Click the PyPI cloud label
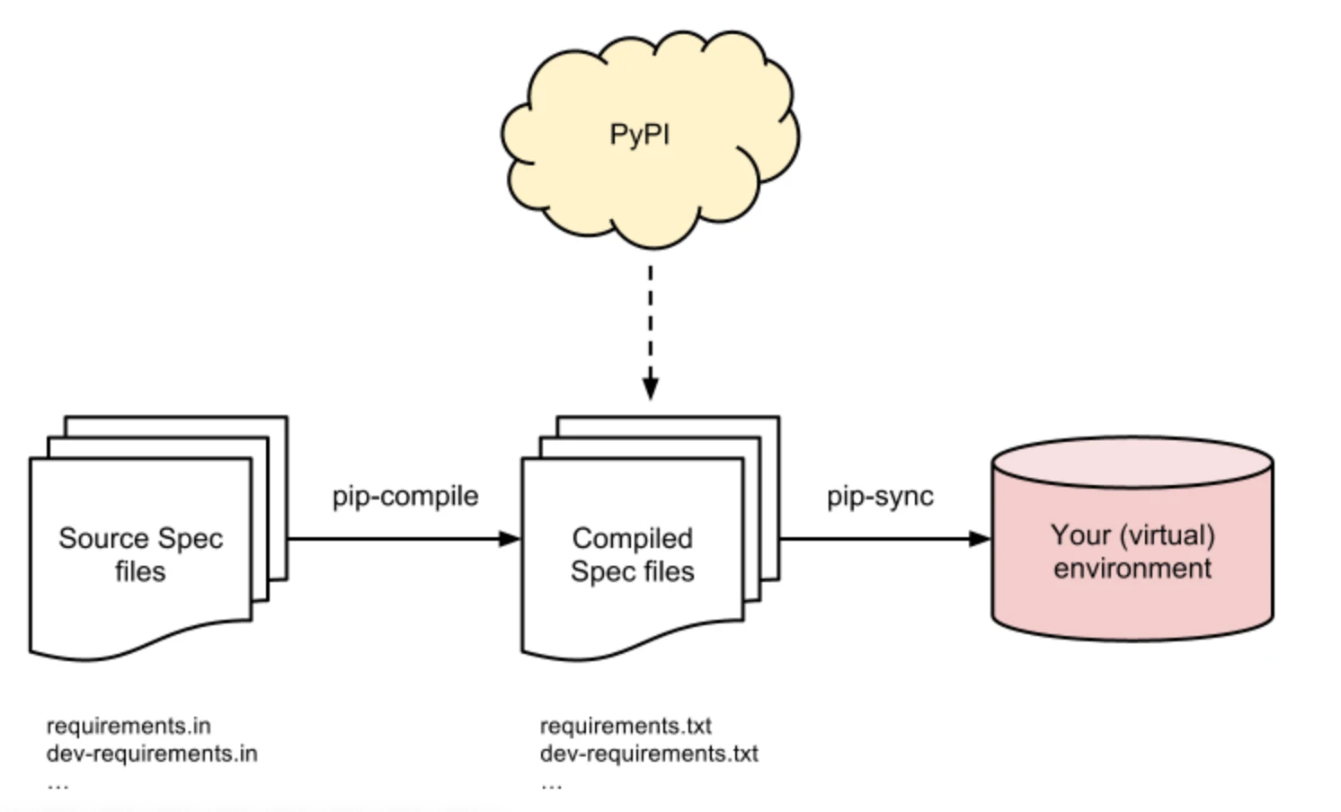(639, 135)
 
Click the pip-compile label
(405, 497)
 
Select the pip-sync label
(880, 497)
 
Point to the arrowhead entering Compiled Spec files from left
(510, 539)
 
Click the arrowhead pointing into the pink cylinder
(980, 539)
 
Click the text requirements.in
(129, 726)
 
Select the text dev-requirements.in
(152, 754)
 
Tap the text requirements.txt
(626, 726)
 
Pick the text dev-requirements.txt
(649, 754)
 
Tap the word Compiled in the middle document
(632, 538)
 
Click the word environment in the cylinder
(1132, 569)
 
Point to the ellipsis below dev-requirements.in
(58, 785)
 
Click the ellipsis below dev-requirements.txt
(551, 785)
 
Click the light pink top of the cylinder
(1132, 463)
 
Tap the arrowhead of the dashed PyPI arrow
(651, 389)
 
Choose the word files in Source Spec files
(140, 571)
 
